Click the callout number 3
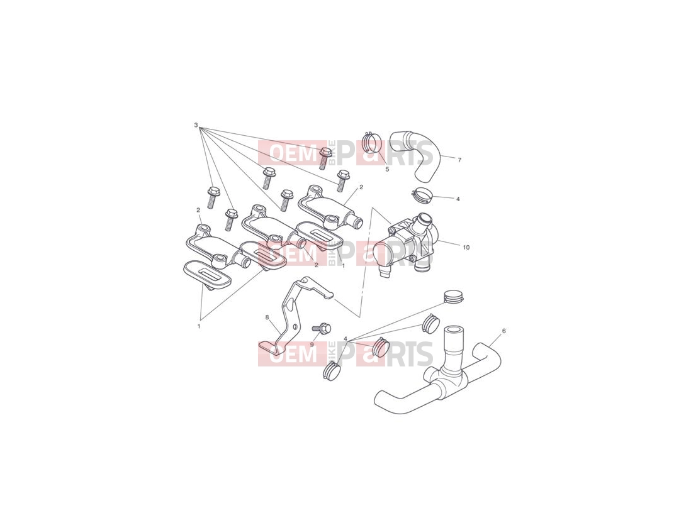point(196,126)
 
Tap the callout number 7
point(459,160)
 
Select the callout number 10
point(466,247)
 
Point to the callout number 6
point(503,331)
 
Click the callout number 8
point(267,317)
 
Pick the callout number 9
point(311,344)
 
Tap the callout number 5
point(388,169)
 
